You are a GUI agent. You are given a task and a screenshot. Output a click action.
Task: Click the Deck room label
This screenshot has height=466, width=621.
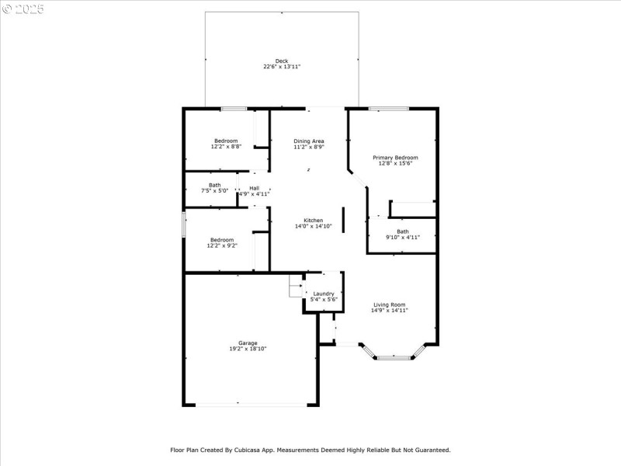click(x=281, y=61)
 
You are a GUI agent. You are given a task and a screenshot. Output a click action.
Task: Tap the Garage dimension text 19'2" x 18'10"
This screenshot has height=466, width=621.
click(x=248, y=349)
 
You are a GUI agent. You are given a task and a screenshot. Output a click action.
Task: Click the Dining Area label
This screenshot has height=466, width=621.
click(x=308, y=141)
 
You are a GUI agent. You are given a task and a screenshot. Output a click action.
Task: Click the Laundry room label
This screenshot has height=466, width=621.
click(x=323, y=294)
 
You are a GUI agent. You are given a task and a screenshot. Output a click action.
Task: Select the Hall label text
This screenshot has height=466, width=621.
click(x=254, y=188)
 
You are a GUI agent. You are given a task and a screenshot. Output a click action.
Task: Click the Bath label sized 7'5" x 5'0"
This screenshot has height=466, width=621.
click(x=214, y=185)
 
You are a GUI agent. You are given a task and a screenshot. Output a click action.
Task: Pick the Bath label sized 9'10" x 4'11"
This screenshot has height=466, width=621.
click(x=403, y=231)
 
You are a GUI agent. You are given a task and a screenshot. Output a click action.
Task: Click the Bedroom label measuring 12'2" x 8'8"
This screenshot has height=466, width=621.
click(x=226, y=141)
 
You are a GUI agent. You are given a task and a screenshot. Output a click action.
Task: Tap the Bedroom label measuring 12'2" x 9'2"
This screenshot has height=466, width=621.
click(x=222, y=240)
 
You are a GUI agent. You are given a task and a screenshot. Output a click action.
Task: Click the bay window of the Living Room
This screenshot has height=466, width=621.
click(x=394, y=356)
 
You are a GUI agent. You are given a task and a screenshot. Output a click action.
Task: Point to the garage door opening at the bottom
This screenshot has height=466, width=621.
click(x=250, y=404)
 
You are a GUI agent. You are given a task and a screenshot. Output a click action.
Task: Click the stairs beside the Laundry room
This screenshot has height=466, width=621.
click(x=296, y=285)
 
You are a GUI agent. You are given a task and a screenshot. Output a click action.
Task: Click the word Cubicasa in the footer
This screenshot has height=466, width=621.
click(x=278, y=450)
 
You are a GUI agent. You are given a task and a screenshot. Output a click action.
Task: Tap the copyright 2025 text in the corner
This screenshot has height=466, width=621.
click(x=23, y=9)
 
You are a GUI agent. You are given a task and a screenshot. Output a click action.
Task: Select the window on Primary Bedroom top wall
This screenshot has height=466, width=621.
click(x=388, y=108)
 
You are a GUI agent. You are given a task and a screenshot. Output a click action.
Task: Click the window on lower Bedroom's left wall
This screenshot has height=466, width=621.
click(x=184, y=224)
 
